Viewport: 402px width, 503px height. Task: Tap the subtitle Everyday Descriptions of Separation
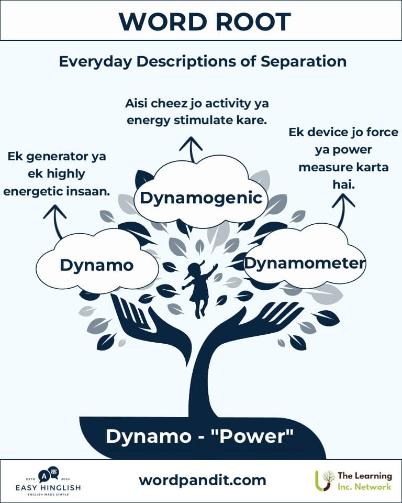click(x=203, y=61)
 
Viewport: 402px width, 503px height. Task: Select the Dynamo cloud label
click(x=96, y=265)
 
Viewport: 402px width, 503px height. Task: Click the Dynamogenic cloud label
click(x=201, y=198)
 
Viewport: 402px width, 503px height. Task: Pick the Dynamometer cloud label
click(x=305, y=263)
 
